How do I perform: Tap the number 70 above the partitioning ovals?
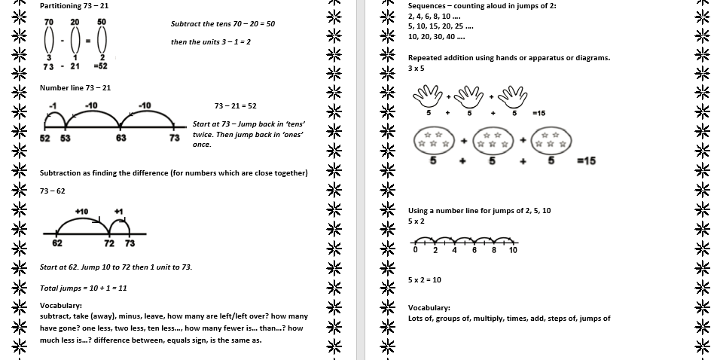(49, 23)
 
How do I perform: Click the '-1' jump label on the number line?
(53, 105)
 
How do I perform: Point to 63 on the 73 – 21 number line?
(121, 139)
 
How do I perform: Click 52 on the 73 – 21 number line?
(44, 139)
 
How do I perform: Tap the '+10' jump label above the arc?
(81, 211)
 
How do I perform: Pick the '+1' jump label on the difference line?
(118, 211)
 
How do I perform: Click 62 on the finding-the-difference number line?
(57, 243)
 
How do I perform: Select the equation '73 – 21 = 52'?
(235, 106)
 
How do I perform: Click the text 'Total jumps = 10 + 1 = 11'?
(83, 288)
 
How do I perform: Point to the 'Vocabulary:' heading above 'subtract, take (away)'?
(60, 306)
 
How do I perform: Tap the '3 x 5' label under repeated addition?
(416, 68)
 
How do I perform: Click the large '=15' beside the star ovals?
(586, 160)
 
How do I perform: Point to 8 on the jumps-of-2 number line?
(493, 250)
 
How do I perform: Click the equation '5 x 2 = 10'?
(424, 279)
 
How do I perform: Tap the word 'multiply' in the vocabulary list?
(490, 319)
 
